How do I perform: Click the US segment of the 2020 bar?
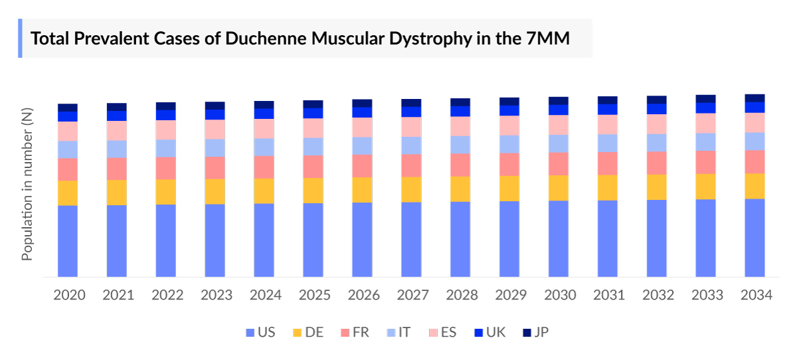[68, 240]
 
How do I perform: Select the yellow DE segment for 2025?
[313, 190]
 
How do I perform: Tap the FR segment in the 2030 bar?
[559, 163]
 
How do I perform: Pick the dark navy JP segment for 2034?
[754, 98]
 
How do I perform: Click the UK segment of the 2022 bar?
[166, 115]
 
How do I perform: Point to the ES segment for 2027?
[411, 126]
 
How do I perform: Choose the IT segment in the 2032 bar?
[657, 142]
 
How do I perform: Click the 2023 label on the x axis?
[215, 295]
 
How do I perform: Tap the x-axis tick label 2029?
[509, 295]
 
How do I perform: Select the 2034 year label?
[754, 295]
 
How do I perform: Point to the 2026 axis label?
[363, 295]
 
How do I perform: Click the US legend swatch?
[250, 332]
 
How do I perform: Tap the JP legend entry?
[535, 332]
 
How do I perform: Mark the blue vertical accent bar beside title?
[20, 38]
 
